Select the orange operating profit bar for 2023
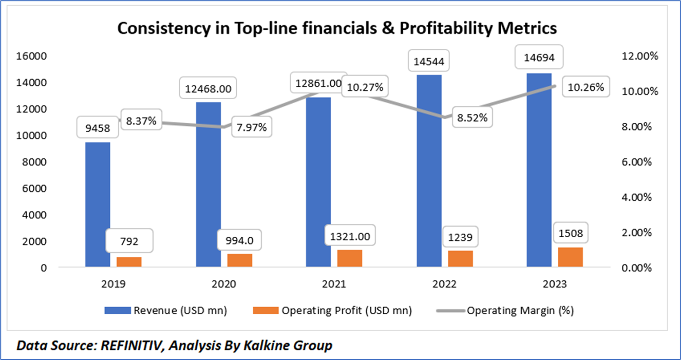[x=571, y=257]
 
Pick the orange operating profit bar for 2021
[x=350, y=258]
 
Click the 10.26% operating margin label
[x=586, y=88]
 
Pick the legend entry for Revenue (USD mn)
[x=165, y=310]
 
